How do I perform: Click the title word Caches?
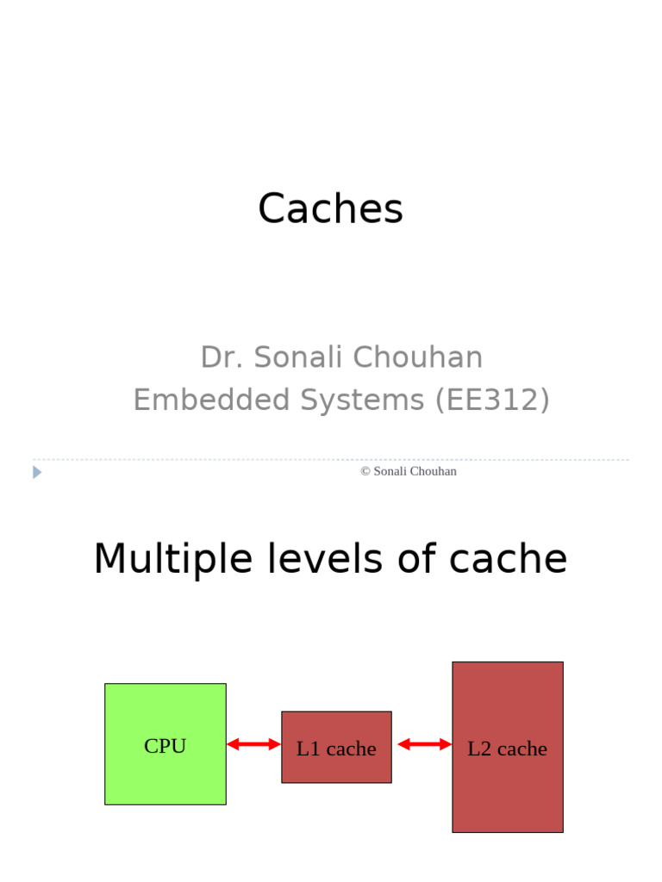[x=330, y=209]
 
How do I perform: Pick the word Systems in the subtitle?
[x=362, y=400]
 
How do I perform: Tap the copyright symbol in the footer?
[x=365, y=471]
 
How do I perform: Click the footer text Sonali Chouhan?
[x=415, y=471]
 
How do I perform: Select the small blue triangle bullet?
[x=37, y=472]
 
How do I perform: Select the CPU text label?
[x=165, y=746]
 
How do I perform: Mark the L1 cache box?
[x=336, y=748]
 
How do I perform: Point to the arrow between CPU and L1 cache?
[x=253, y=744]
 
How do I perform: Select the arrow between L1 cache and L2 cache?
[x=424, y=744]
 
